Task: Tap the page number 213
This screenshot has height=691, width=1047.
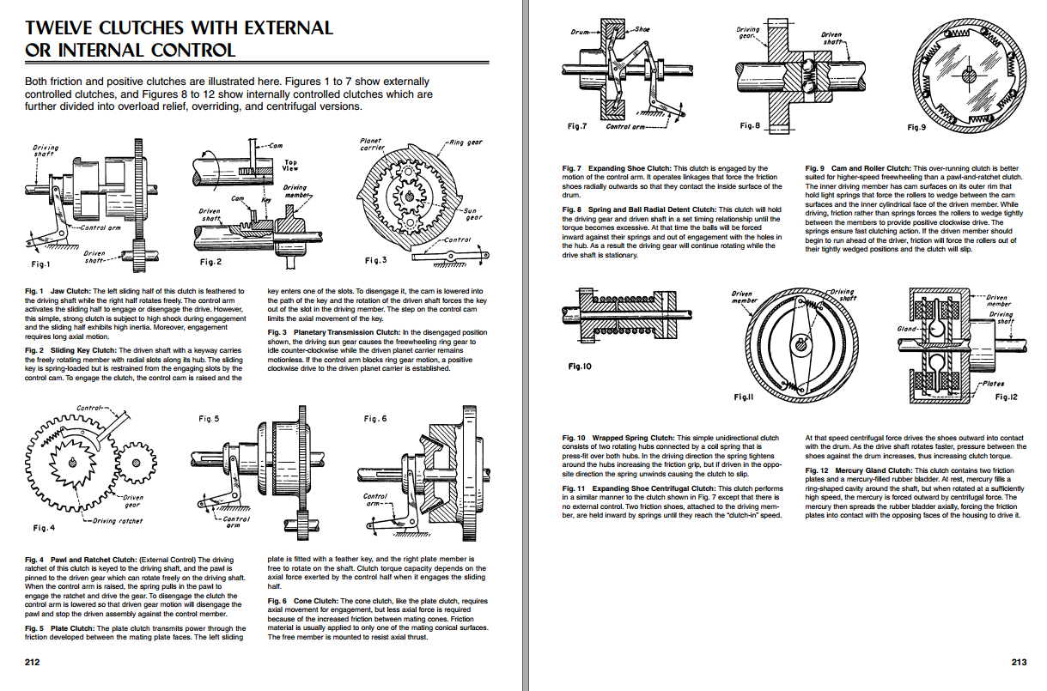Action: (x=1019, y=662)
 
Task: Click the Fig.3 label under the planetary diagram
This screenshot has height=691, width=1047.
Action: (x=377, y=260)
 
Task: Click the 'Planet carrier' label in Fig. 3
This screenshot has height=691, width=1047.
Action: (x=371, y=143)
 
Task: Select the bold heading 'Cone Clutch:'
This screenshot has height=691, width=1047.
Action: (x=315, y=601)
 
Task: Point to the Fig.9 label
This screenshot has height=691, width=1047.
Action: (x=916, y=127)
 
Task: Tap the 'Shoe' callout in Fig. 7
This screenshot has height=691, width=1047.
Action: (x=642, y=29)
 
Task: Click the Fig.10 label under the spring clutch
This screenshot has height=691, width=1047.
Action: (x=580, y=367)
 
